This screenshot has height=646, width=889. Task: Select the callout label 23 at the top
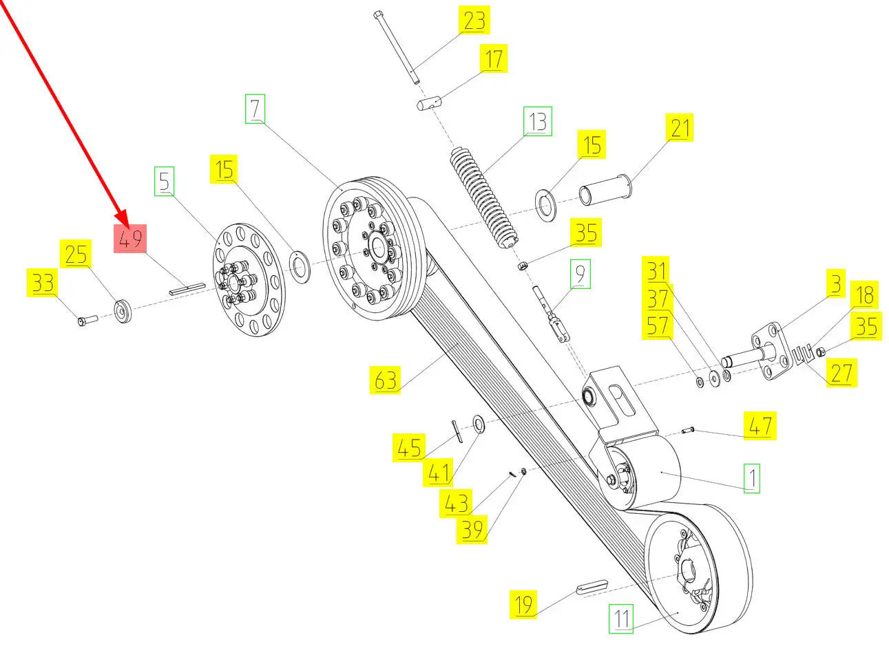(474, 21)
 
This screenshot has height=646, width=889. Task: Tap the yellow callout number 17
(493, 59)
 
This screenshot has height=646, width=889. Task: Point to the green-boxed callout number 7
(255, 110)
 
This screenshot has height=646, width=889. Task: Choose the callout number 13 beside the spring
(537, 122)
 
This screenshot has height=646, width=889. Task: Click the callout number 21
(680, 129)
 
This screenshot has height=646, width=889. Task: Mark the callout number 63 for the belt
(386, 380)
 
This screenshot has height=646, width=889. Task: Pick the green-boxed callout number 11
(622, 618)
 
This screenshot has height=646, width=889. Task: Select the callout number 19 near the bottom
(523, 605)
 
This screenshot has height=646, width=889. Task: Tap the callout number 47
(760, 426)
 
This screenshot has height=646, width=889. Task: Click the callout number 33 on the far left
(43, 283)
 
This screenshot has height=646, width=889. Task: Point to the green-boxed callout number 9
(580, 274)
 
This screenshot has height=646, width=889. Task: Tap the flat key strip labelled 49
(187, 288)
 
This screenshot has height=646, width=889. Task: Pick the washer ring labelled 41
(478, 423)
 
